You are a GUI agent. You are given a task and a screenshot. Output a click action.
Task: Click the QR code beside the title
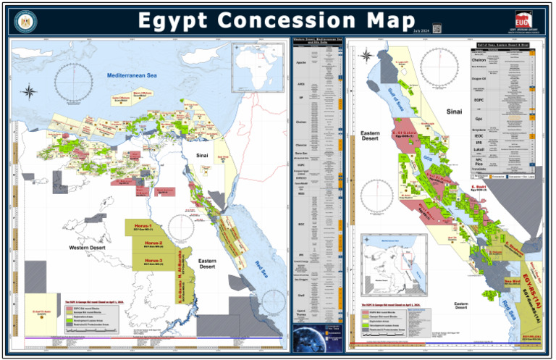(437, 28)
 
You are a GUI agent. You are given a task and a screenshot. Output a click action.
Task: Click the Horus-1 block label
(151, 226)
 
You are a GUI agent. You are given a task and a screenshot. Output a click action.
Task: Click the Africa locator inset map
(258, 62)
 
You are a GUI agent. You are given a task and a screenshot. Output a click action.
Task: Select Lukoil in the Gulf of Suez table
(479, 146)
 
